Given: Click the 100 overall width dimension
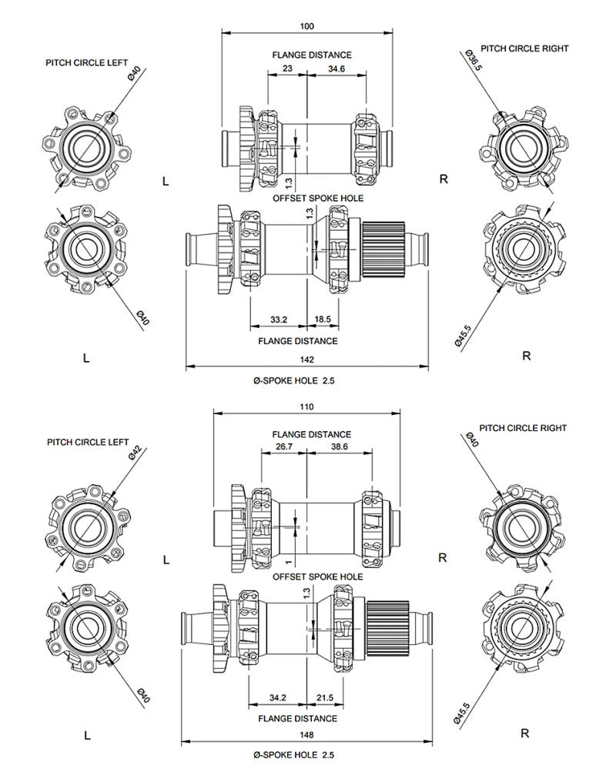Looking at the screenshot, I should pos(307,26).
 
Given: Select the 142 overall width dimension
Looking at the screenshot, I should pos(307,359).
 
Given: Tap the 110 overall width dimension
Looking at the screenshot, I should pos(307,407).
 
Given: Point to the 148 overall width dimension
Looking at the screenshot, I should pos(307,736).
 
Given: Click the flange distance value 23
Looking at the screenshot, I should pos(287,69).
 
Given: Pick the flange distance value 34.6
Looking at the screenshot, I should pos(336,69).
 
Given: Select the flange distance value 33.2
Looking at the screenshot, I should pos(279,319).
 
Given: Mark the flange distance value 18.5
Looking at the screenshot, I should pos(323,319).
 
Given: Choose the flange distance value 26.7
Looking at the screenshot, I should pos(284,448).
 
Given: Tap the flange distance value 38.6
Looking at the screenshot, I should pos(340,448).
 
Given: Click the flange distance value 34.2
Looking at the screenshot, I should pos(278,698).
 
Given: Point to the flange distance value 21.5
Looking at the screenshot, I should pos(325,698).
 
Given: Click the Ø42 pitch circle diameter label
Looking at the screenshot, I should pos(134,453).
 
